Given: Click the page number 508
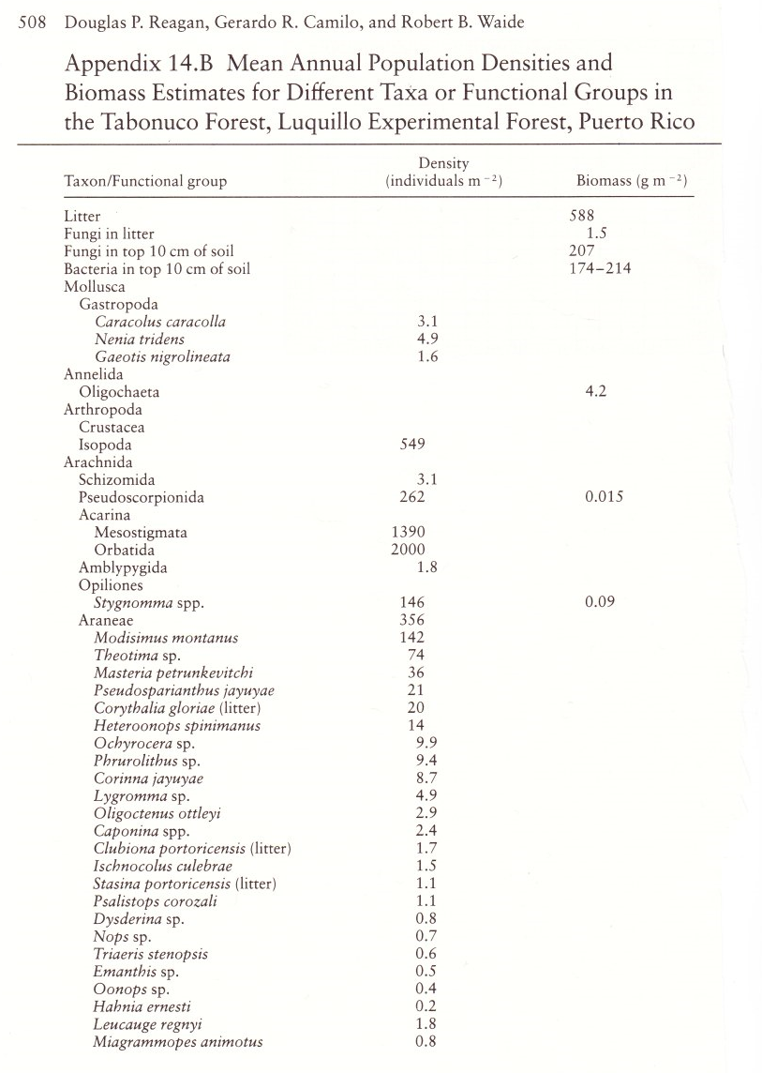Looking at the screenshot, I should pos(32,23).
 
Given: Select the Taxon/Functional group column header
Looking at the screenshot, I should pos(145,181).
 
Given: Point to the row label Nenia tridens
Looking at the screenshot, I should pos(140,339).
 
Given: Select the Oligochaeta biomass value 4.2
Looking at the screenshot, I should pos(595,392).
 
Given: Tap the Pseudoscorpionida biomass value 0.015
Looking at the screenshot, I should pos(604,497).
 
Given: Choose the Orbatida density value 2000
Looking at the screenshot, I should pos(407,550).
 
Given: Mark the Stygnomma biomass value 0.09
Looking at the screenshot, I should pos(600,602).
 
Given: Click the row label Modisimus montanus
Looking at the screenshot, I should pos(166,638).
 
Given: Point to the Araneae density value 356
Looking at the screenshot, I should pos(411,620).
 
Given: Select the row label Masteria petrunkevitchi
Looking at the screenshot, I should pos(173,673).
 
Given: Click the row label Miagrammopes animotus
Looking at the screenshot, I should pos(178,1042).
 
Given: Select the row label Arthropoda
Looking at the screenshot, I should pos(97,410).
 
